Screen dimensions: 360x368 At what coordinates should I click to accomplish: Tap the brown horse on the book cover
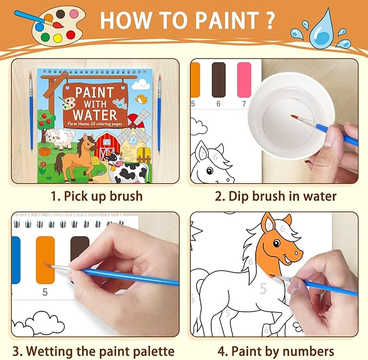pos(75,155)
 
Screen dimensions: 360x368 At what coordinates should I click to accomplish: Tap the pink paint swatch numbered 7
pos(244,80)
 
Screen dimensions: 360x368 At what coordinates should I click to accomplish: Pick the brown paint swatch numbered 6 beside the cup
pos(218,80)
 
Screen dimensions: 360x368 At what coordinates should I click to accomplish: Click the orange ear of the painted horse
pos(268,223)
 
